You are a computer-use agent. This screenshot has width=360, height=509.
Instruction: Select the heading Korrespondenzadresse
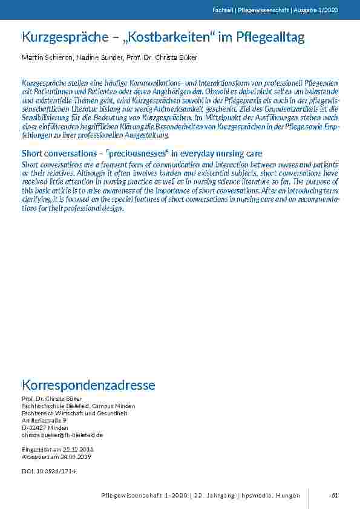tap(88, 385)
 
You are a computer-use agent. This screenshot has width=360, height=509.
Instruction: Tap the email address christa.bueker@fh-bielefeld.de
tap(62, 435)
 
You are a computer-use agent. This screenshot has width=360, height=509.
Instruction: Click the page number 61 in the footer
tap(335, 496)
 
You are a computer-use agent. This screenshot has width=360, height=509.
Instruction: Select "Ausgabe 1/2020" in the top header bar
tap(321, 10)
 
